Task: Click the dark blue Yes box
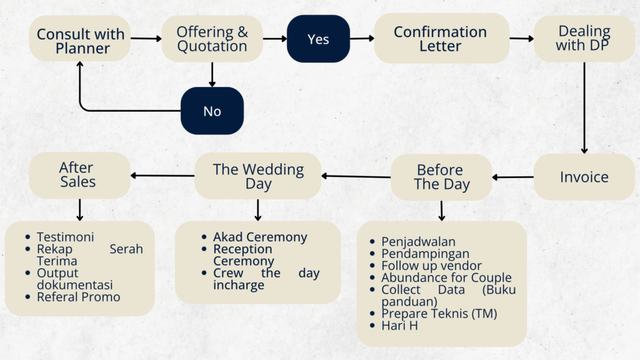click(x=318, y=39)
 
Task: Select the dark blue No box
click(x=212, y=111)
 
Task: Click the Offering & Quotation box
click(x=212, y=39)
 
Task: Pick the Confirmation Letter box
click(x=440, y=39)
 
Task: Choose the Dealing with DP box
click(x=584, y=39)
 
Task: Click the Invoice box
click(x=584, y=177)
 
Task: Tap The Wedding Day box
click(x=258, y=176)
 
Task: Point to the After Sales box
click(x=79, y=175)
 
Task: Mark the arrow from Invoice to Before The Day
click(x=513, y=177)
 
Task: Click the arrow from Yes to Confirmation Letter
click(x=362, y=39)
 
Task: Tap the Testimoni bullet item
click(x=65, y=237)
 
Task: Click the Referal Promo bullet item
click(x=79, y=297)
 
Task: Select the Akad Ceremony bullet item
click(x=260, y=237)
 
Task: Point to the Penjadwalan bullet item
click(x=418, y=242)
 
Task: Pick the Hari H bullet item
click(x=400, y=325)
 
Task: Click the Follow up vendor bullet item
click(x=431, y=266)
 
